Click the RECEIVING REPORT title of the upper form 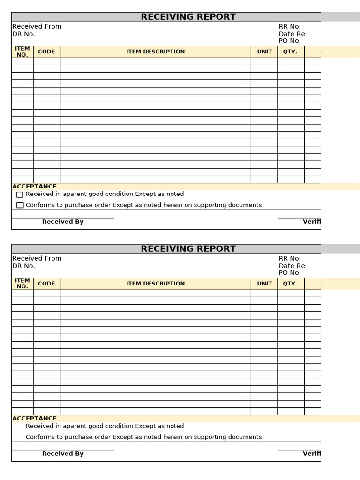(x=188, y=17)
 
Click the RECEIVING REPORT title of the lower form (x=188, y=249)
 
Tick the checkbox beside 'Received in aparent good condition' (x=20, y=195)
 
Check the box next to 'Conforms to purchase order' (x=20, y=205)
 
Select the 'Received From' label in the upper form (x=37, y=27)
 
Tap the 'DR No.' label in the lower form (x=23, y=266)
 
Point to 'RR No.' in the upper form (x=290, y=27)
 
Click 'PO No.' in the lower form (x=290, y=273)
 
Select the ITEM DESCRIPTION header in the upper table (x=155, y=52)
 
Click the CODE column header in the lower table (x=46, y=284)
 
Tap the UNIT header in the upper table (x=264, y=52)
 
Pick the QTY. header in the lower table (x=290, y=284)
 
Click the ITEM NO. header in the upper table (x=22, y=52)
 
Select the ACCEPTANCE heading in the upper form (x=34, y=187)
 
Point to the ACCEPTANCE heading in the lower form (x=34, y=419)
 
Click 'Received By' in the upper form (x=63, y=222)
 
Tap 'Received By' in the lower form (x=63, y=454)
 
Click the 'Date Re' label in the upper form (x=292, y=34)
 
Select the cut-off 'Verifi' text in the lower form (x=312, y=454)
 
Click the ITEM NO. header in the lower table (x=22, y=284)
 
